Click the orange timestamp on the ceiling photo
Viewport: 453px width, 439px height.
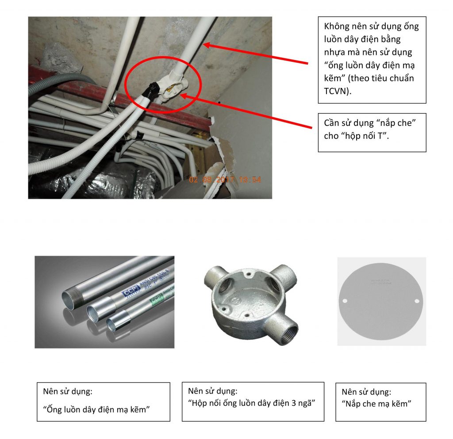pos(225,180)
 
